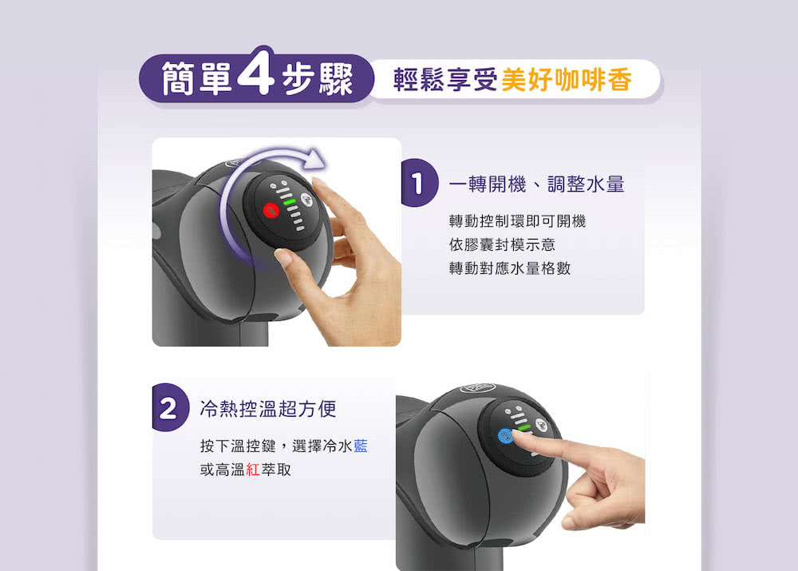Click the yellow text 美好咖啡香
567,80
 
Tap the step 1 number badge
417,184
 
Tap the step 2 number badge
168,409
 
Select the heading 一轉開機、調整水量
536,184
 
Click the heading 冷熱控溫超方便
267,410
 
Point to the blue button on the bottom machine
504,436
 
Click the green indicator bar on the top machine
289,202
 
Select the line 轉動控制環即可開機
517,221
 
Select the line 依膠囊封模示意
502,245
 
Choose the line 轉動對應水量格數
510,269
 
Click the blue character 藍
360,446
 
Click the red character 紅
253,470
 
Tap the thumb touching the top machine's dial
284,257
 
